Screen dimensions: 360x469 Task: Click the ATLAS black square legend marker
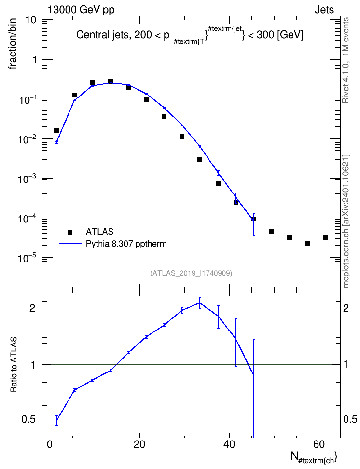point(70,232)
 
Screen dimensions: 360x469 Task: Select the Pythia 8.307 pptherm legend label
point(126,244)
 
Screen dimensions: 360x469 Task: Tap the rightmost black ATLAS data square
point(325,237)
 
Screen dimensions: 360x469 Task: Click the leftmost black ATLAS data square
point(56,130)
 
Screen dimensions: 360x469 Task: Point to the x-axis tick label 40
point(229,444)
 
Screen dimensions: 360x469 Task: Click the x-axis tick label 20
point(139,444)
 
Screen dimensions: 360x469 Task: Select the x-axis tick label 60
point(319,444)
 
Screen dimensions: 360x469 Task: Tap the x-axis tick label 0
point(50,444)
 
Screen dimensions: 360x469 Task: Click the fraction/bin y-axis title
point(13,44)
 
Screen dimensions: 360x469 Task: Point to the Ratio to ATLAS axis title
point(14,365)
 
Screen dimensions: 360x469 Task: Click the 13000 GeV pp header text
point(81,10)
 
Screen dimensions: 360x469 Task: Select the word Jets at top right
point(324,10)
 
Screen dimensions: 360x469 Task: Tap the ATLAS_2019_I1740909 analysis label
point(191,273)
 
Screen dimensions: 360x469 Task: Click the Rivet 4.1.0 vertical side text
point(346,60)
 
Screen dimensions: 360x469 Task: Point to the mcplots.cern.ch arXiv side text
point(346,221)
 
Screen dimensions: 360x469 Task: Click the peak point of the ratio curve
point(200,303)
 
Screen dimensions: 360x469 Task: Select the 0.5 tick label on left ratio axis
point(29,420)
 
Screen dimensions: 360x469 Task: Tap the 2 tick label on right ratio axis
point(346,308)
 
